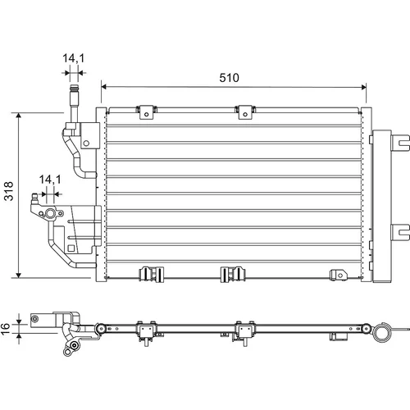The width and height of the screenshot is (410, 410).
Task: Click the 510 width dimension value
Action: click(229, 78)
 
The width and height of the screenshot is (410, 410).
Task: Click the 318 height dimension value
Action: click(9, 191)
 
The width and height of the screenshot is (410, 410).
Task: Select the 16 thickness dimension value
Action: click(5, 329)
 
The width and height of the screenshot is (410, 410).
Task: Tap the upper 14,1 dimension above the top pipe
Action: click(74, 58)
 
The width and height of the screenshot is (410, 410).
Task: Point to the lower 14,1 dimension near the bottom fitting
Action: click(50, 180)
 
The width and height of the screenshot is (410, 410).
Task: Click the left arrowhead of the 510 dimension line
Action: click(103, 87)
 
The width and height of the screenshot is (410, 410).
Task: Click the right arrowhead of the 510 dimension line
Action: click(364, 87)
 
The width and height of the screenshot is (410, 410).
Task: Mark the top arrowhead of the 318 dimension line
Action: click(19, 116)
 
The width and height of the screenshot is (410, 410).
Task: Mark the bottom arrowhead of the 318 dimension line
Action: click(19, 275)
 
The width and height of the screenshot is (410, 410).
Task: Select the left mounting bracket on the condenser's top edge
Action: click(146, 112)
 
